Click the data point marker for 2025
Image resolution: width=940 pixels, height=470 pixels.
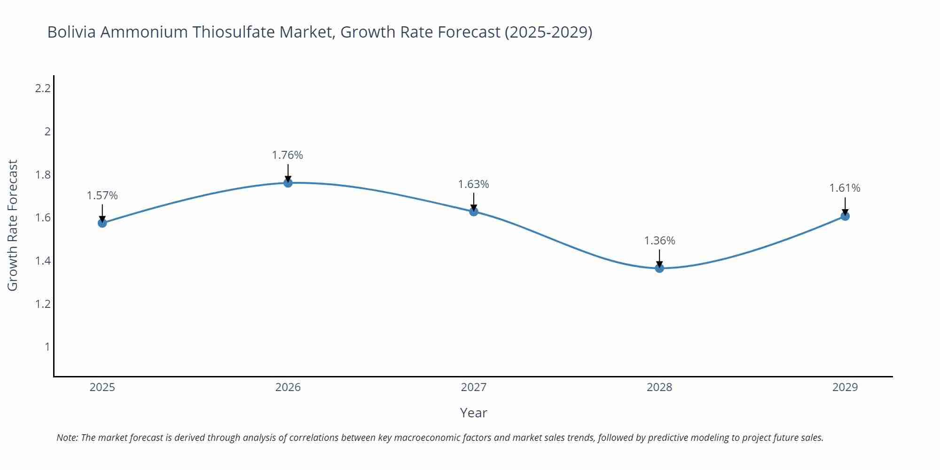click(102, 223)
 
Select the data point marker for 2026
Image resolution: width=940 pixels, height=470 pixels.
click(288, 182)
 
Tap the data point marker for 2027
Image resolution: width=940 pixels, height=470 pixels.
click(474, 211)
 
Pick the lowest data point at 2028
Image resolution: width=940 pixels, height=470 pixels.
click(659, 268)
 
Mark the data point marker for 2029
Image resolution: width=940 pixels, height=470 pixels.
click(845, 216)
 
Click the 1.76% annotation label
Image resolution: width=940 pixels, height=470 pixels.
click(288, 155)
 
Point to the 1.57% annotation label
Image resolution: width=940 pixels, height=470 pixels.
click(102, 196)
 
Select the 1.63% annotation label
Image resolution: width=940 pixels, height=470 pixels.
click(474, 184)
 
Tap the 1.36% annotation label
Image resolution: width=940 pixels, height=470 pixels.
click(659, 241)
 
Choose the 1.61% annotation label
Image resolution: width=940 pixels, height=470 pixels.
click(845, 188)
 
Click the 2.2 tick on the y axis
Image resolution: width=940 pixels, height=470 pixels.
click(43, 88)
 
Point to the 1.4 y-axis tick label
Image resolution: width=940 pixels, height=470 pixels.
click(43, 261)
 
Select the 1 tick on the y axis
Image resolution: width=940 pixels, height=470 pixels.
click(47, 347)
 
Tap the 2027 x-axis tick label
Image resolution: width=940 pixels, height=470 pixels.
click(474, 387)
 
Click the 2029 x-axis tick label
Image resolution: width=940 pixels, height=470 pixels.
click(845, 387)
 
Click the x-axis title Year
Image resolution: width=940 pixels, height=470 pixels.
click(474, 413)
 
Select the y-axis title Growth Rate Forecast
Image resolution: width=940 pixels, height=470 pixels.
click(13, 225)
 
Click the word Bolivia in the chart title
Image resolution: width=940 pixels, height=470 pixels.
click(71, 32)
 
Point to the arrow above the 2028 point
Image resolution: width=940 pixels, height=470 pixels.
click(659, 258)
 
